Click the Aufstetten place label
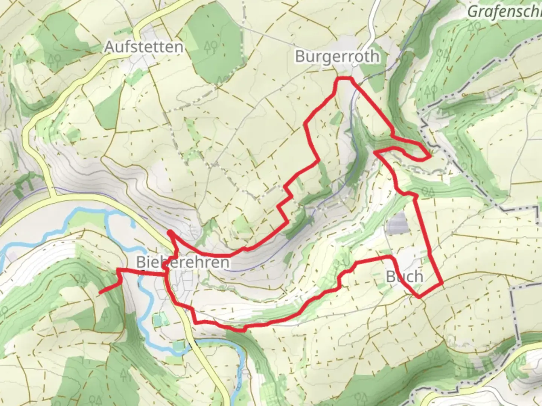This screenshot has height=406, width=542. click(144, 47)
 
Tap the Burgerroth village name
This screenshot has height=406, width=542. click(337, 56)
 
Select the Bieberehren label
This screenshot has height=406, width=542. click(183, 262)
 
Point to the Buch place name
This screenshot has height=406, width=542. click(405, 277)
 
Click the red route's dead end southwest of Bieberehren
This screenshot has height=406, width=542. click(100, 292)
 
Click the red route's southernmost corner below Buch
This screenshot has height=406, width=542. click(419, 297)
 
